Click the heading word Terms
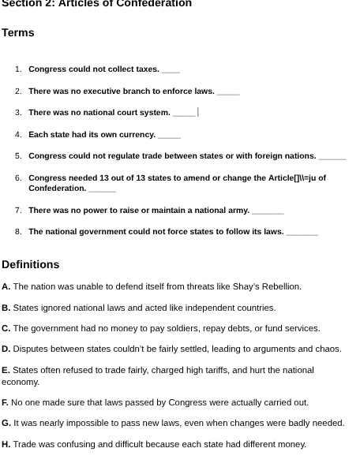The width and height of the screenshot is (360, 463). [18, 33]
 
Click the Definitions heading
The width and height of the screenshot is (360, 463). [31, 265]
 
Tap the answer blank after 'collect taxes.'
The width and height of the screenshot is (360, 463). [171, 70]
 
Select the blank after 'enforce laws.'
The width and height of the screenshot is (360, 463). [228, 92]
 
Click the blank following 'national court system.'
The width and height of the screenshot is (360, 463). [184, 114]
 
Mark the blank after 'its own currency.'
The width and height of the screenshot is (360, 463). [169, 136]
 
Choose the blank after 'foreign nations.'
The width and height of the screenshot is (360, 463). [332, 157]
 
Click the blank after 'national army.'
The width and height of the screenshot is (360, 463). [268, 211]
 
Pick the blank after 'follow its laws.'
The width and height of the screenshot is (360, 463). [302, 233]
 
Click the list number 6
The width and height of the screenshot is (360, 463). [18, 178]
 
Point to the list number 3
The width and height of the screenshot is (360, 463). [18, 113]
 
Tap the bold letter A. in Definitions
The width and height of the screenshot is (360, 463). [6, 287]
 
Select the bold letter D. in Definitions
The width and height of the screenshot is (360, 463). [6, 349]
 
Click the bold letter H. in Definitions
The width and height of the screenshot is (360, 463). [6, 445]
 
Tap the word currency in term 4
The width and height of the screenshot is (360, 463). [137, 135]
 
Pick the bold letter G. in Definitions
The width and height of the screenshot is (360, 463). [6, 424]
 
